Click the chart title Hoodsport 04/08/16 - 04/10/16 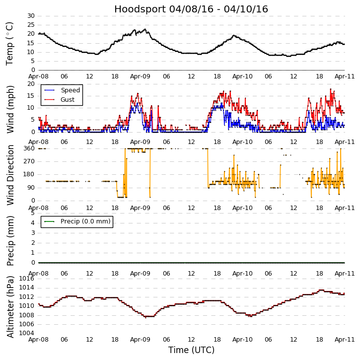pyautogui.click(x=191, y=9)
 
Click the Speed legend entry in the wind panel pyautogui.click(x=70, y=90)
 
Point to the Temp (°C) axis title pyautogui.click(x=10, y=43)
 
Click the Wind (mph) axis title pyautogui.click(x=10, y=109)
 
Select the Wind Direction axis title pyautogui.click(x=10, y=175)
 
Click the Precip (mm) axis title pyautogui.click(x=10, y=240)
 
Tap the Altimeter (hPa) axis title pyautogui.click(x=10, y=306)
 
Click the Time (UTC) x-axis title pyautogui.click(x=191, y=350)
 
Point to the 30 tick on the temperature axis pyautogui.click(x=31, y=16)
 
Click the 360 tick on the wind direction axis pyautogui.click(x=29, y=148)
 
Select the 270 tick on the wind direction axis pyautogui.click(x=29, y=161)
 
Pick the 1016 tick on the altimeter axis pyautogui.click(x=27, y=279)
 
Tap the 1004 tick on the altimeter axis pyautogui.click(x=27, y=333)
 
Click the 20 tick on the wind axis pyautogui.click(x=31, y=84)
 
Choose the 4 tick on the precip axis pyautogui.click(x=33, y=222)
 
